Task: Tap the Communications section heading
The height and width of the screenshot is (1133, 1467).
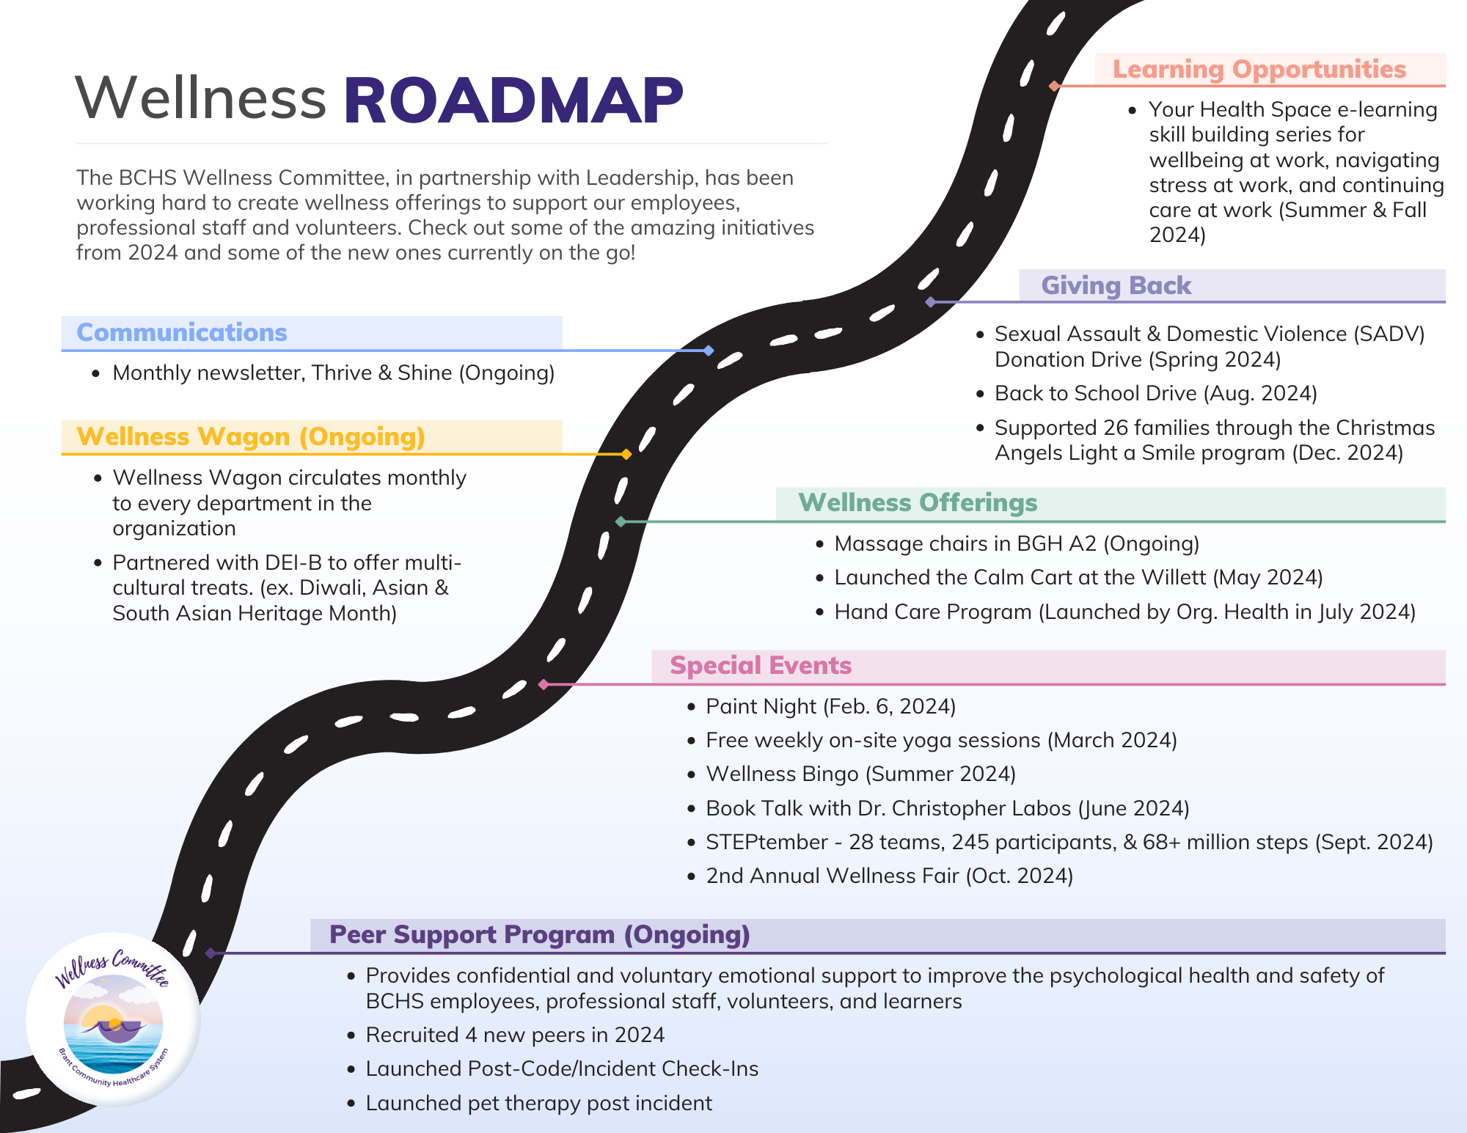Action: click(181, 332)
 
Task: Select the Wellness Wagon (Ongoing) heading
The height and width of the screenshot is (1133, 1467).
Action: click(250, 436)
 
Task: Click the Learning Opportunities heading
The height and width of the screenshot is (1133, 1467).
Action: click(1259, 69)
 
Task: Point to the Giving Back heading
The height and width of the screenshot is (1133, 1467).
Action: click(1116, 285)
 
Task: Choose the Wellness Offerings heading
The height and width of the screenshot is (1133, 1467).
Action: click(918, 502)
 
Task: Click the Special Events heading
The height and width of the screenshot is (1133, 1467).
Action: click(760, 665)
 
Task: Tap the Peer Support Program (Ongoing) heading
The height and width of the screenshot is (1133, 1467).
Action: click(539, 934)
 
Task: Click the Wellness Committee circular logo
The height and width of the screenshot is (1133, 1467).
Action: click(113, 1019)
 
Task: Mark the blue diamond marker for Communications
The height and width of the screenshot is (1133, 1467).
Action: click(708, 351)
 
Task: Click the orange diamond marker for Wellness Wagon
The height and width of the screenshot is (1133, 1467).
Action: click(626, 455)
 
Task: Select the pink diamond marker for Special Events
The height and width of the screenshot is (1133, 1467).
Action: click(544, 684)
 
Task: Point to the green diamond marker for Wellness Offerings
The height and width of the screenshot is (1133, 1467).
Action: click(621, 521)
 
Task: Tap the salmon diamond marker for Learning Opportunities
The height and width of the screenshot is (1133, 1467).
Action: click(1054, 86)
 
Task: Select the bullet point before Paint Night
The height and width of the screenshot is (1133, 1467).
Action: click(691, 707)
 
